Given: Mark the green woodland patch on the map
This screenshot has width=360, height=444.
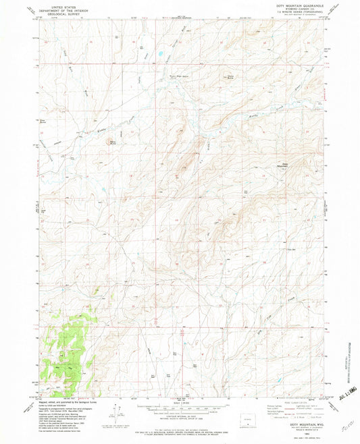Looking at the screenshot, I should coord(68,351).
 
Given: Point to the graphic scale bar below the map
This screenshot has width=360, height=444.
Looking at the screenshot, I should coord(180,406).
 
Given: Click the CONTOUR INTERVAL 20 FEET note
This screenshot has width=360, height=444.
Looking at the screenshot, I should coord(180,413).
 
